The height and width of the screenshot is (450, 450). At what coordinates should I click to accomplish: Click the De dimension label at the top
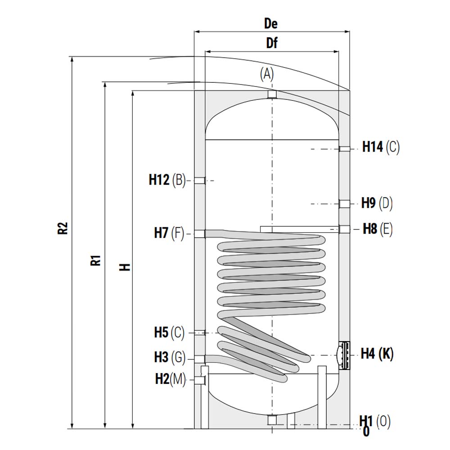(270, 23)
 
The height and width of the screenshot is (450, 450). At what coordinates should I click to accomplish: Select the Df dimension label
(272, 43)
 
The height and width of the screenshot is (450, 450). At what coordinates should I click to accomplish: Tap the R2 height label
(63, 228)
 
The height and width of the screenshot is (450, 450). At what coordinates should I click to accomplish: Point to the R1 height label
(96, 260)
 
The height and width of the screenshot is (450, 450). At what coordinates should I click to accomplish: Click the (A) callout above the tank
(267, 74)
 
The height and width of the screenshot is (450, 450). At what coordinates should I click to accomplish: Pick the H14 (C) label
(381, 147)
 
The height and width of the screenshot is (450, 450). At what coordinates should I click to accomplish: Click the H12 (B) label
(167, 180)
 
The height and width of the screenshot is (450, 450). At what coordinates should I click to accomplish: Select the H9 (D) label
(377, 203)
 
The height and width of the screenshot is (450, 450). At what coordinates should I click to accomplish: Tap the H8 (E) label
(378, 229)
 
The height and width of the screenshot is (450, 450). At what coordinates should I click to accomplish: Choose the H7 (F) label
(169, 233)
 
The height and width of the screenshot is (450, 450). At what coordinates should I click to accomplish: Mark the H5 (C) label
(169, 333)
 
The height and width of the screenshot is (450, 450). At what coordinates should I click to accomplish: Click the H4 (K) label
(377, 353)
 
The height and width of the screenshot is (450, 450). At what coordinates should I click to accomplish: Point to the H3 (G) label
(170, 357)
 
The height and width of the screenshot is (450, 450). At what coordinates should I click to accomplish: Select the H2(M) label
(171, 379)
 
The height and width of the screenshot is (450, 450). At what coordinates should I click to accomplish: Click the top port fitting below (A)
(272, 94)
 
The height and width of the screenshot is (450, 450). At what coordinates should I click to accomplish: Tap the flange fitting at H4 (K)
(344, 355)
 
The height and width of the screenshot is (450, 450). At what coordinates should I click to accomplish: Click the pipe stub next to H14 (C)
(344, 148)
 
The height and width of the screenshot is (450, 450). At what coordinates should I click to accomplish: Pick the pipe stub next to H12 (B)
(200, 180)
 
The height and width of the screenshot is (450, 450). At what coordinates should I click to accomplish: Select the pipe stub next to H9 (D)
(344, 204)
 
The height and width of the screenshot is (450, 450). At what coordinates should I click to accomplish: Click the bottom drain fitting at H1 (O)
(272, 420)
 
